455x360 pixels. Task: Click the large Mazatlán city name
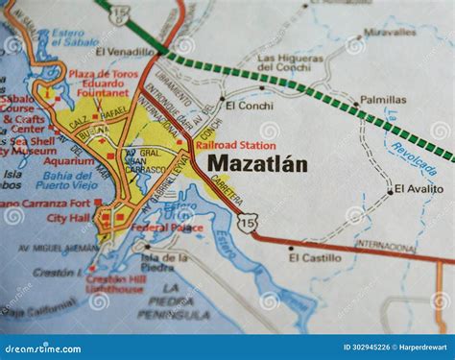[x=257, y=164]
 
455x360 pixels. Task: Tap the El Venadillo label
[x=126, y=52]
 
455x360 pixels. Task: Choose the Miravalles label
[x=390, y=32]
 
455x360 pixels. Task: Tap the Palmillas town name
[x=383, y=99]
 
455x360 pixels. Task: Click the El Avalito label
[x=419, y=189]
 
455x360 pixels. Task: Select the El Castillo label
[x=315, y=257]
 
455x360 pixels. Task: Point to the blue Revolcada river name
[x=411, y=156]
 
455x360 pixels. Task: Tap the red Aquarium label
[x=69, y=161]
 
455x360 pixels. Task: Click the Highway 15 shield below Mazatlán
[x=249, y=223]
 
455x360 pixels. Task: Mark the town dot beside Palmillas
[x=353, y=101]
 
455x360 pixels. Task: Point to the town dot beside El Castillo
[x=292, y=248]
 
